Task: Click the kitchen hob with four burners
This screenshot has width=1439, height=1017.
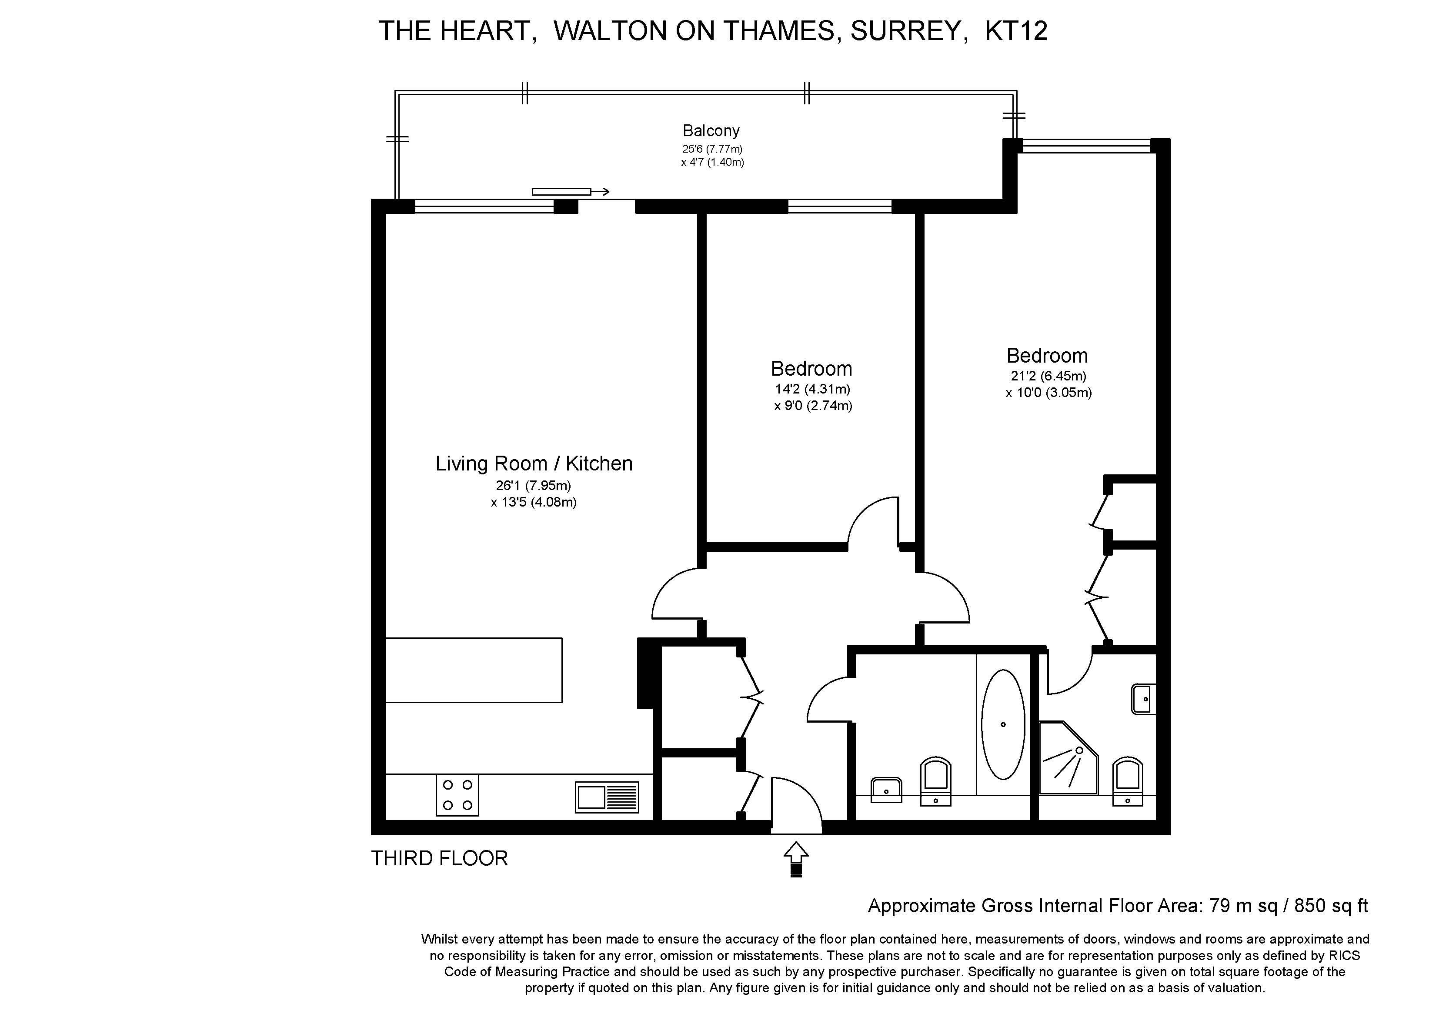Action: (x=457, y=795)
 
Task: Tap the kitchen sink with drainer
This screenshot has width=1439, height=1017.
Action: (x=607, y=797)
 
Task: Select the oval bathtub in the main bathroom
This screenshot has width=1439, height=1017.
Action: (x=1003, y=724)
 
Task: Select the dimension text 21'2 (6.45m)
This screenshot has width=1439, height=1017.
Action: (x=1048, y=376)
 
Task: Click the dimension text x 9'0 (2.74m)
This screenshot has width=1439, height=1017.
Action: (x=813, y=405)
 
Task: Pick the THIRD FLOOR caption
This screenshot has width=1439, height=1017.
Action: (x=439, y=858)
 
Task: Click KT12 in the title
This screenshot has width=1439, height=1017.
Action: (x=1015, y=31)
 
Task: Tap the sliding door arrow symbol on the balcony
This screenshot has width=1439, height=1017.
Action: (x=570, y=192)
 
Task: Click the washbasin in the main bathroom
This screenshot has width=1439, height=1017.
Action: (x=886, y=789)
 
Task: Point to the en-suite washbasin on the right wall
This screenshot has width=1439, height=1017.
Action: (x=1144, y=699)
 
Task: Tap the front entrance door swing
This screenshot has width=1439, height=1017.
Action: (x=795, y=804)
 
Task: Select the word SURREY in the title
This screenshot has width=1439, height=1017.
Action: (x=905, y=31)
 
